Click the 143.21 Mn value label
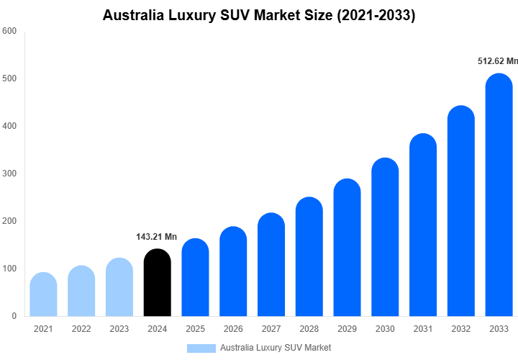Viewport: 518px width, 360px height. click(156, 237)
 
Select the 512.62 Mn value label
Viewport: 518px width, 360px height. click(498, 61)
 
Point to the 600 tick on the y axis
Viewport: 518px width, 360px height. click(9, 31)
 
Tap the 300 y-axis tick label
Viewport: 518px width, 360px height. click(9, 174)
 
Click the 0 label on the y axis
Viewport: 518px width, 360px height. click(14, 316)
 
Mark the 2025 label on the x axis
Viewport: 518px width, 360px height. click(195, 329)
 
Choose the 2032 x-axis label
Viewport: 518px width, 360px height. click(461, 329)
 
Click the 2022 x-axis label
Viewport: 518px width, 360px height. click(81, 329)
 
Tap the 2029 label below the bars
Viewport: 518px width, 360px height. click(347, 329)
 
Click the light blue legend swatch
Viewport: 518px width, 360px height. click(201, 348)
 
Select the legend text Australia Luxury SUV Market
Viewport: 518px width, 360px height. click(276, 348)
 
